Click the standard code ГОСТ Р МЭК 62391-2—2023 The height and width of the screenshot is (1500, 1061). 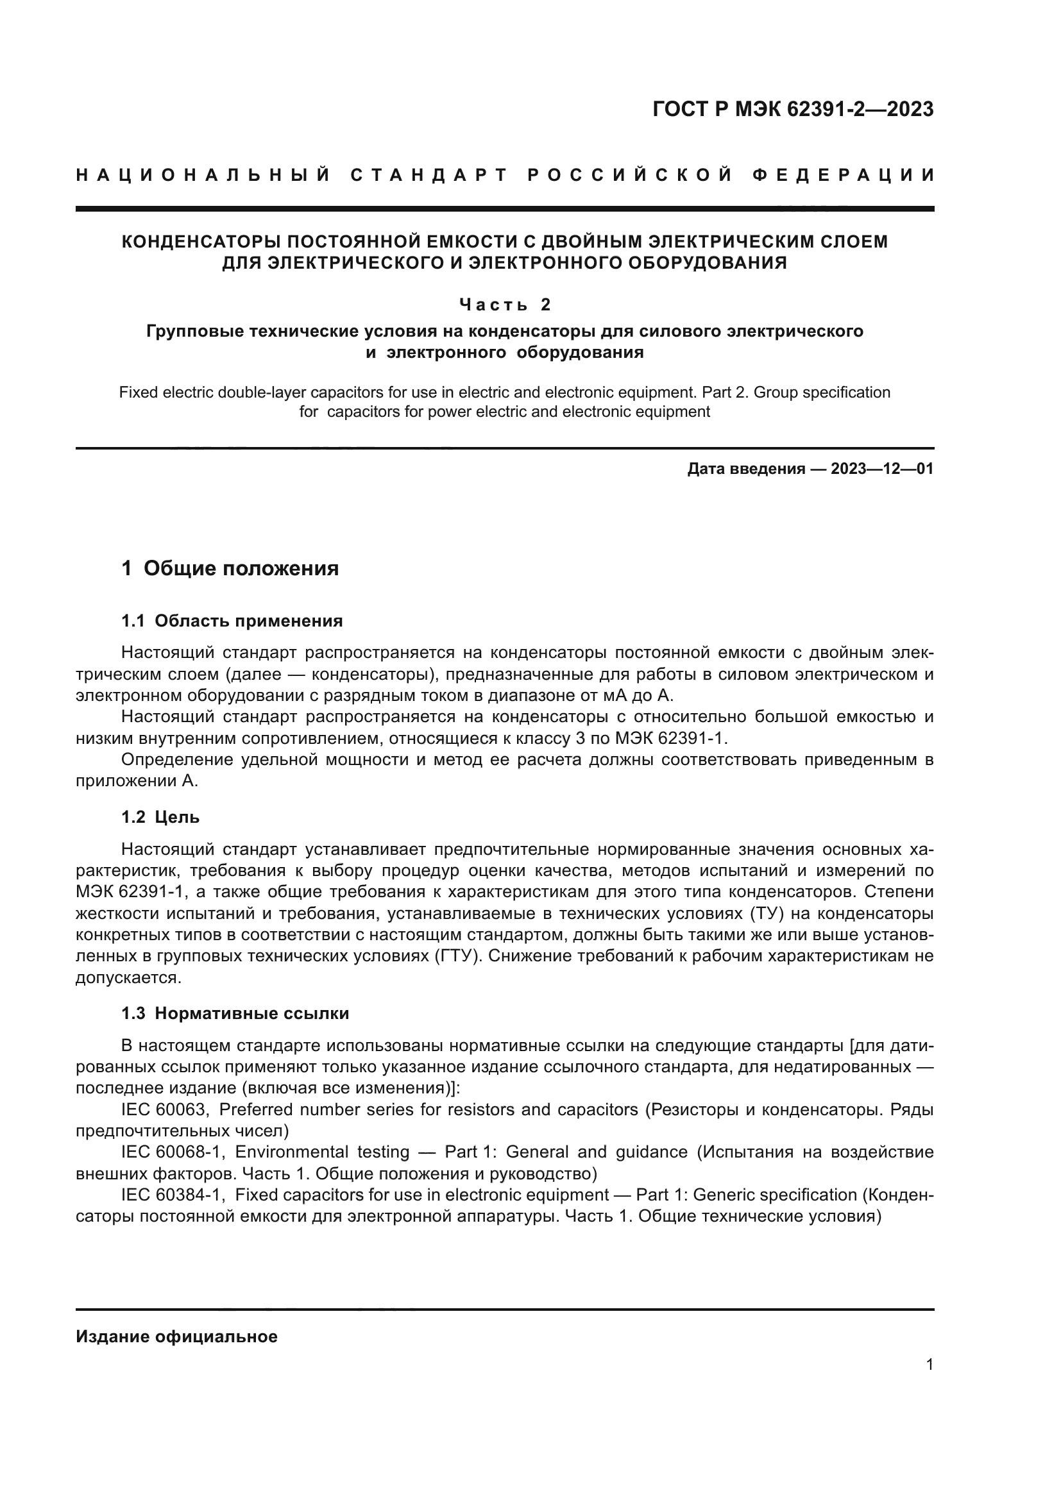(x=792, y=109)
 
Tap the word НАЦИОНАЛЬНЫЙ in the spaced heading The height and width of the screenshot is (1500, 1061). (x=203, y=175)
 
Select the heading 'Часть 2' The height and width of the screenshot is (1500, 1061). (x=505, y=305)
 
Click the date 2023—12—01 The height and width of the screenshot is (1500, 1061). (x=882, y=468)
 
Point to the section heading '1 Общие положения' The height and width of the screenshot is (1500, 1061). (x=230, y=568)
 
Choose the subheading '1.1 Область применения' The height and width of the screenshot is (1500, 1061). (x=232, y=621)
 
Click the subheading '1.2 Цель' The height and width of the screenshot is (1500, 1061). (x=160, y=817)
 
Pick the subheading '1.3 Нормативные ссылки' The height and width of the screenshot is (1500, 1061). (x=235, y=1013)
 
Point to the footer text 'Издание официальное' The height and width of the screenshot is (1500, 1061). (x=176, y=1336)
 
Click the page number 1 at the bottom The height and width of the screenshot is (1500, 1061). (x=929, y=1364)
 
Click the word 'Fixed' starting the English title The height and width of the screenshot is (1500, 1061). (x=139, y=392)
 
